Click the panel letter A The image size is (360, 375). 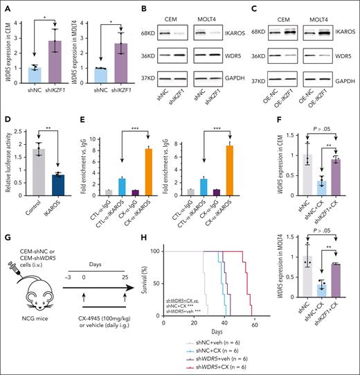coord(6,6)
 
